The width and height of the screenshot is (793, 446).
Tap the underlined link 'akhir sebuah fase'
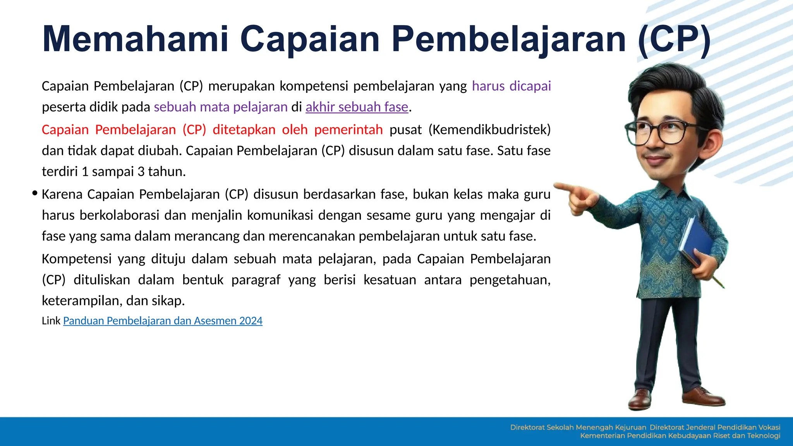tap(357, 107)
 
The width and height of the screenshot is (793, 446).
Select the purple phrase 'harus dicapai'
tap(511, 86)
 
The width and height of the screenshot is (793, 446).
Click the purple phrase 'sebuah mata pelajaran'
tap(221, 107)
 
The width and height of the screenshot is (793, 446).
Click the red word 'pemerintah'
tap(348, 130)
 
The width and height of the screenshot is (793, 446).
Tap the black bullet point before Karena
tap(35, 193)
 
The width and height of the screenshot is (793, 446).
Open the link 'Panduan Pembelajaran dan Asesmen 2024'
tap(163, 321)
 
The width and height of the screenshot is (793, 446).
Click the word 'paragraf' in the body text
tap(256, 280)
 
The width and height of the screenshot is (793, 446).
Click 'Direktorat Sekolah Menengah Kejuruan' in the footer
tap(578, 427)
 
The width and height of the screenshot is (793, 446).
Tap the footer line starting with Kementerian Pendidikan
tap(680, 436)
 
